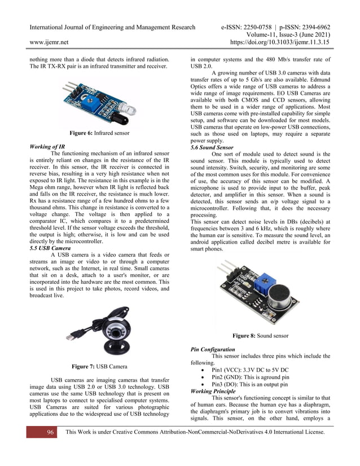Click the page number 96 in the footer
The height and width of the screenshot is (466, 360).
pyautogui.click(x=50, y=432)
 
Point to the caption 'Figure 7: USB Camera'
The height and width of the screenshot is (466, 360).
pyautogui.click(x=99, y=366)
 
